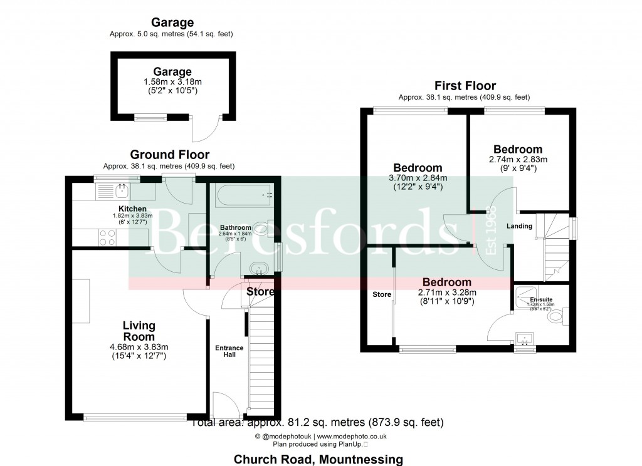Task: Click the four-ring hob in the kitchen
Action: [107, 237]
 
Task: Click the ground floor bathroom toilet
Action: [266, 229]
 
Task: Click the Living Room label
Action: [139, 331]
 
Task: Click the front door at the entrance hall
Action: [224, 405]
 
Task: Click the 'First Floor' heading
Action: [465, 86]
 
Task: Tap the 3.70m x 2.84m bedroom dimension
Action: [417, 177]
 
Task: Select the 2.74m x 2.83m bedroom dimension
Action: [517, 159]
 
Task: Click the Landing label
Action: [519, 226]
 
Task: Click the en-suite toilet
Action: [555, 317]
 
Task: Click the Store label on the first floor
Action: [381, 294]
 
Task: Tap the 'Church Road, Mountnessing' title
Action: [318, 459]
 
